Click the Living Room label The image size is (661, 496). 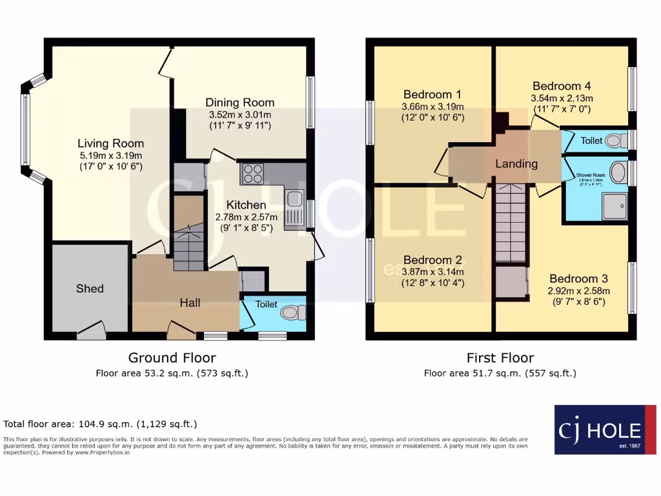[110, 143]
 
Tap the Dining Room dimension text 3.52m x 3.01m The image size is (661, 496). [239, 114]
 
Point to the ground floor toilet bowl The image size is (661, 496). [293, 313]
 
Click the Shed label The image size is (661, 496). [90, 288]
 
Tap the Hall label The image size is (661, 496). [190, 303]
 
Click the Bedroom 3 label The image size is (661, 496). [578, 278]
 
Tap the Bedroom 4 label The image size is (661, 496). [561, 86]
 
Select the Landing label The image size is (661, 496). [516, 163]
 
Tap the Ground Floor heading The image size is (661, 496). [172, 358]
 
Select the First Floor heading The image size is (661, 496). [500, 358]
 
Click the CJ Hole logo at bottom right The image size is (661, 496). [605, 429]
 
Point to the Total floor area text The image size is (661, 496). [100, 424]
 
